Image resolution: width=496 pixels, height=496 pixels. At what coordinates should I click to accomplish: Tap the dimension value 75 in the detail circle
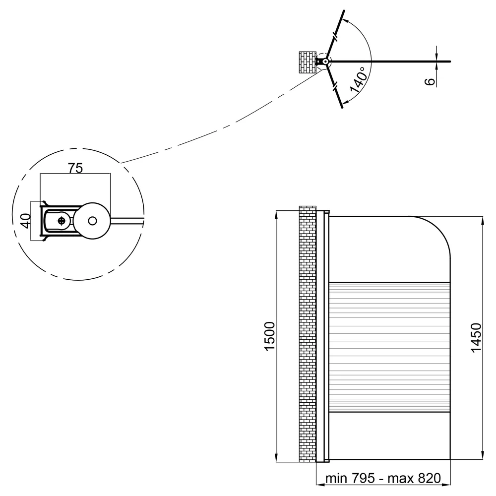click(75, 168)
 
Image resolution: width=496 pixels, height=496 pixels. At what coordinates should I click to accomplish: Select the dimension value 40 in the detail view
click(26, 221)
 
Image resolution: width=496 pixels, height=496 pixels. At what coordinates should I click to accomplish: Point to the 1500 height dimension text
click(270, 336)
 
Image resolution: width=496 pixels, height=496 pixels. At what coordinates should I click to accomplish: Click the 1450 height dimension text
click(476, 337)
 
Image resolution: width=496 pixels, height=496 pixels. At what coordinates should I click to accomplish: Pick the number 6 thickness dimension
click(430, 81)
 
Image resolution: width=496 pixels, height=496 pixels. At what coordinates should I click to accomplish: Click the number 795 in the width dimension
click(363, 478)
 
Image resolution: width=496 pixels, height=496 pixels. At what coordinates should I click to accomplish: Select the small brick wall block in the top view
click(308, 62)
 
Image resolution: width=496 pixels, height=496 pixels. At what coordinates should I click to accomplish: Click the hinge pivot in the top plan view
click(325, 62)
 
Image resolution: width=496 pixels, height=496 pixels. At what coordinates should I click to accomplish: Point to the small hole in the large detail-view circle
click(92, 221)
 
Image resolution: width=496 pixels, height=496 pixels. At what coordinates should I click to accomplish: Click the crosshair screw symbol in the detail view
click(62, 221)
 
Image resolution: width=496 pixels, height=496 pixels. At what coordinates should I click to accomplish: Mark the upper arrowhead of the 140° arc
click(346, 20)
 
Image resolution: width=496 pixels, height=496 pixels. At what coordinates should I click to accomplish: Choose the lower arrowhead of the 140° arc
click(345, 102)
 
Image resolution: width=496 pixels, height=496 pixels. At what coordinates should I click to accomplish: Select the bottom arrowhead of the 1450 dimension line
click(483, 455)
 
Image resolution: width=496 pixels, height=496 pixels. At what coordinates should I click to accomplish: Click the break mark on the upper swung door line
click(336, 37)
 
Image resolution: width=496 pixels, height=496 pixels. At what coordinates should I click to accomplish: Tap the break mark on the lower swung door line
click(335, 86)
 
